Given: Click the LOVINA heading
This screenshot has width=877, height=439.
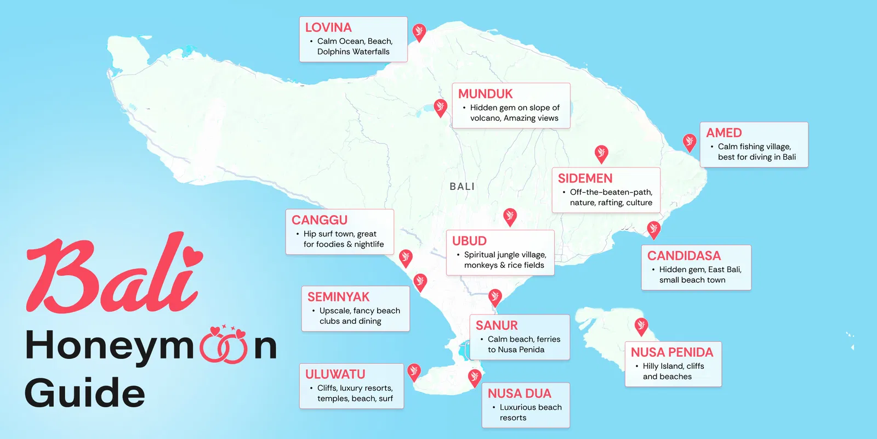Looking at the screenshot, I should [x=328, y=27].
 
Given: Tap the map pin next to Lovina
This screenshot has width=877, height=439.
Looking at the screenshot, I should [x=419, y=32].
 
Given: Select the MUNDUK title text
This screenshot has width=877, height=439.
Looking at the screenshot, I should [x=485, y=94].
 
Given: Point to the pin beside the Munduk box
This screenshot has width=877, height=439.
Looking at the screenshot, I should [x=440, y=107].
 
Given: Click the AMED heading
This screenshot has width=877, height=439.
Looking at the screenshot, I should [x=724, y=133].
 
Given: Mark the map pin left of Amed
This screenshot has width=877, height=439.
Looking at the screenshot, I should [x=690, y=142].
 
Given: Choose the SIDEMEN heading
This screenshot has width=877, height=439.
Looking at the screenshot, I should [x=585, y=178].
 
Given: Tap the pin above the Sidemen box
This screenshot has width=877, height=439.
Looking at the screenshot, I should [x=601, y=153].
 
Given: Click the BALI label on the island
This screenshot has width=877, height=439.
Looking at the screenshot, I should [x=462, y=187].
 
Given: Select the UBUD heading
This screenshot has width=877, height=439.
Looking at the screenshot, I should [x=469, y=241].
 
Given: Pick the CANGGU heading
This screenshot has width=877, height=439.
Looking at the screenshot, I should [x=320, y=220].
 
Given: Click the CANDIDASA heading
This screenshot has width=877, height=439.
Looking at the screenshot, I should [x=684, y=256].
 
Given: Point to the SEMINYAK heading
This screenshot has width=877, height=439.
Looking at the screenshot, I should [x=338, y=297].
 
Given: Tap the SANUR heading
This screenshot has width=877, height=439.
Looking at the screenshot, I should [x=497, y=325].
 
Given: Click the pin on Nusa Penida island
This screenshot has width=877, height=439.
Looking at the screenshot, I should [x=641, y=326].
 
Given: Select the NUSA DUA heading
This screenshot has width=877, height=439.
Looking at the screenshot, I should [x=519, y=393].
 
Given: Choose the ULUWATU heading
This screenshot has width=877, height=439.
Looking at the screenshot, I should [x=335, y=374].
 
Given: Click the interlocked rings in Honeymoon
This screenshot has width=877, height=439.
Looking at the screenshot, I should [x=224, y=347].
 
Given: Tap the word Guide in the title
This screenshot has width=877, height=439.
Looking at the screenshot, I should [x=85, y=393].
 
